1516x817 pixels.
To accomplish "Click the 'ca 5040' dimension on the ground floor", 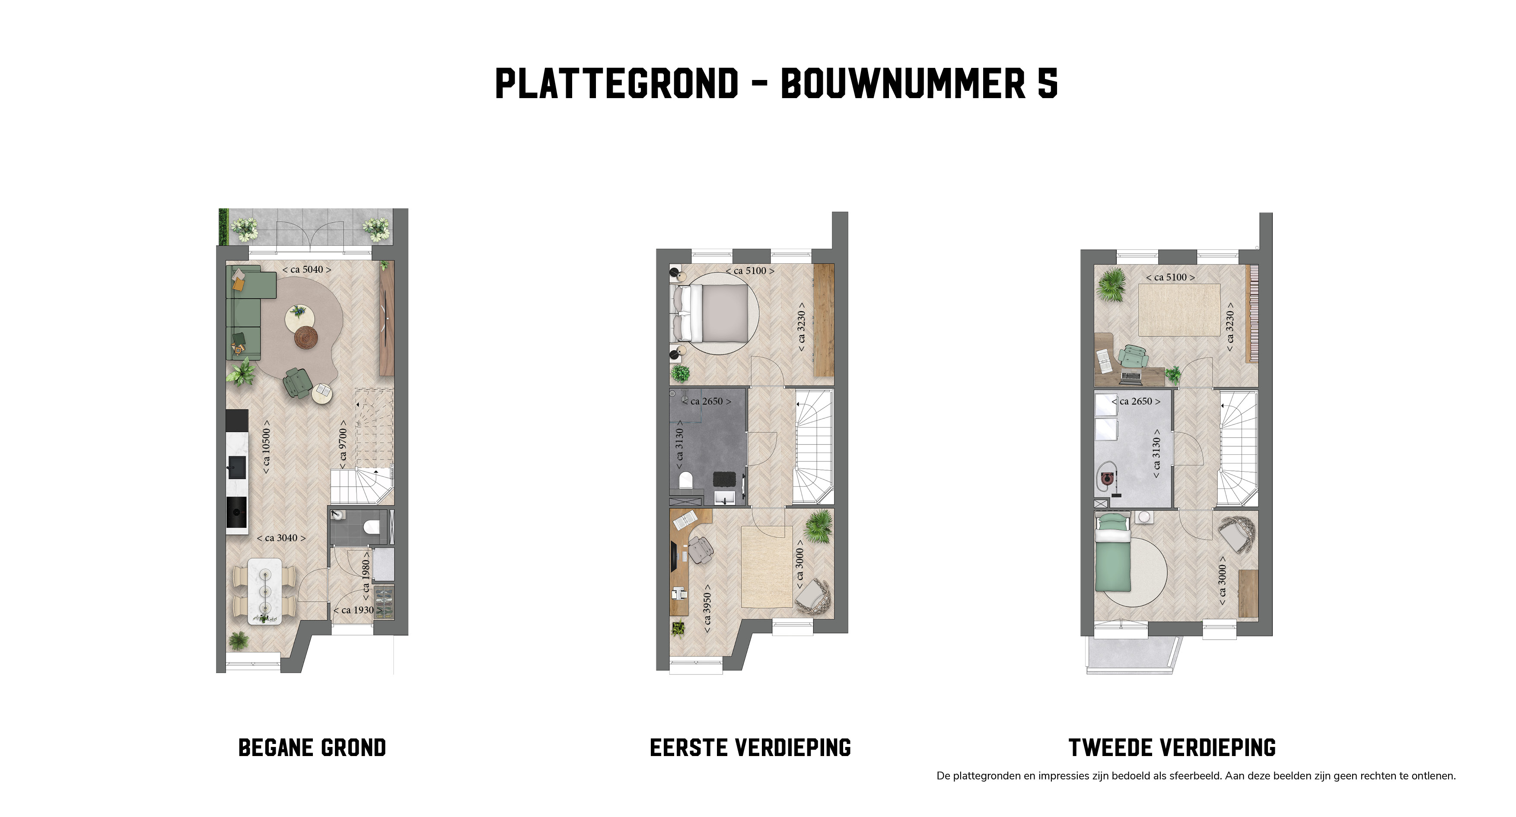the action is (306, 270).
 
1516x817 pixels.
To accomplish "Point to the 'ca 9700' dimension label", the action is (343, 444).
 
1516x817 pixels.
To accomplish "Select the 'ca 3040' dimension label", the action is (281, 538).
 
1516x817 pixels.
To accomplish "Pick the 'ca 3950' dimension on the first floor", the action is (707, 609).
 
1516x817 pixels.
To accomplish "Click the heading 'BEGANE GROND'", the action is (312, 747).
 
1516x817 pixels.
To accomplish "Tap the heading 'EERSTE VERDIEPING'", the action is (750, 747).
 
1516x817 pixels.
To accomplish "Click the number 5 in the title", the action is (1048, 83).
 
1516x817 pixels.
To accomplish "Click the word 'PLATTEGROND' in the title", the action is (617, 83).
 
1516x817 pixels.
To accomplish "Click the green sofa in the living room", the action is (245, 312).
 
